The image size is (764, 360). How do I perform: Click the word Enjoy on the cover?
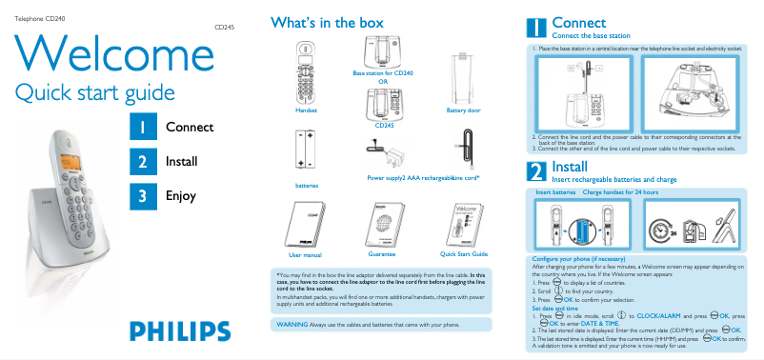tap(180, 196)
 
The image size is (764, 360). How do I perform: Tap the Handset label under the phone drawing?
tap(306, 110)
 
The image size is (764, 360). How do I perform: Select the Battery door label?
tap(464, 110)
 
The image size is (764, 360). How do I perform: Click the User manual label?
tap(306, 255)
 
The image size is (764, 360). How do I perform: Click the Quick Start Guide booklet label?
tap(463, 254)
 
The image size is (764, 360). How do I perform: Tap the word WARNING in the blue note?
tap(291, 325)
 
